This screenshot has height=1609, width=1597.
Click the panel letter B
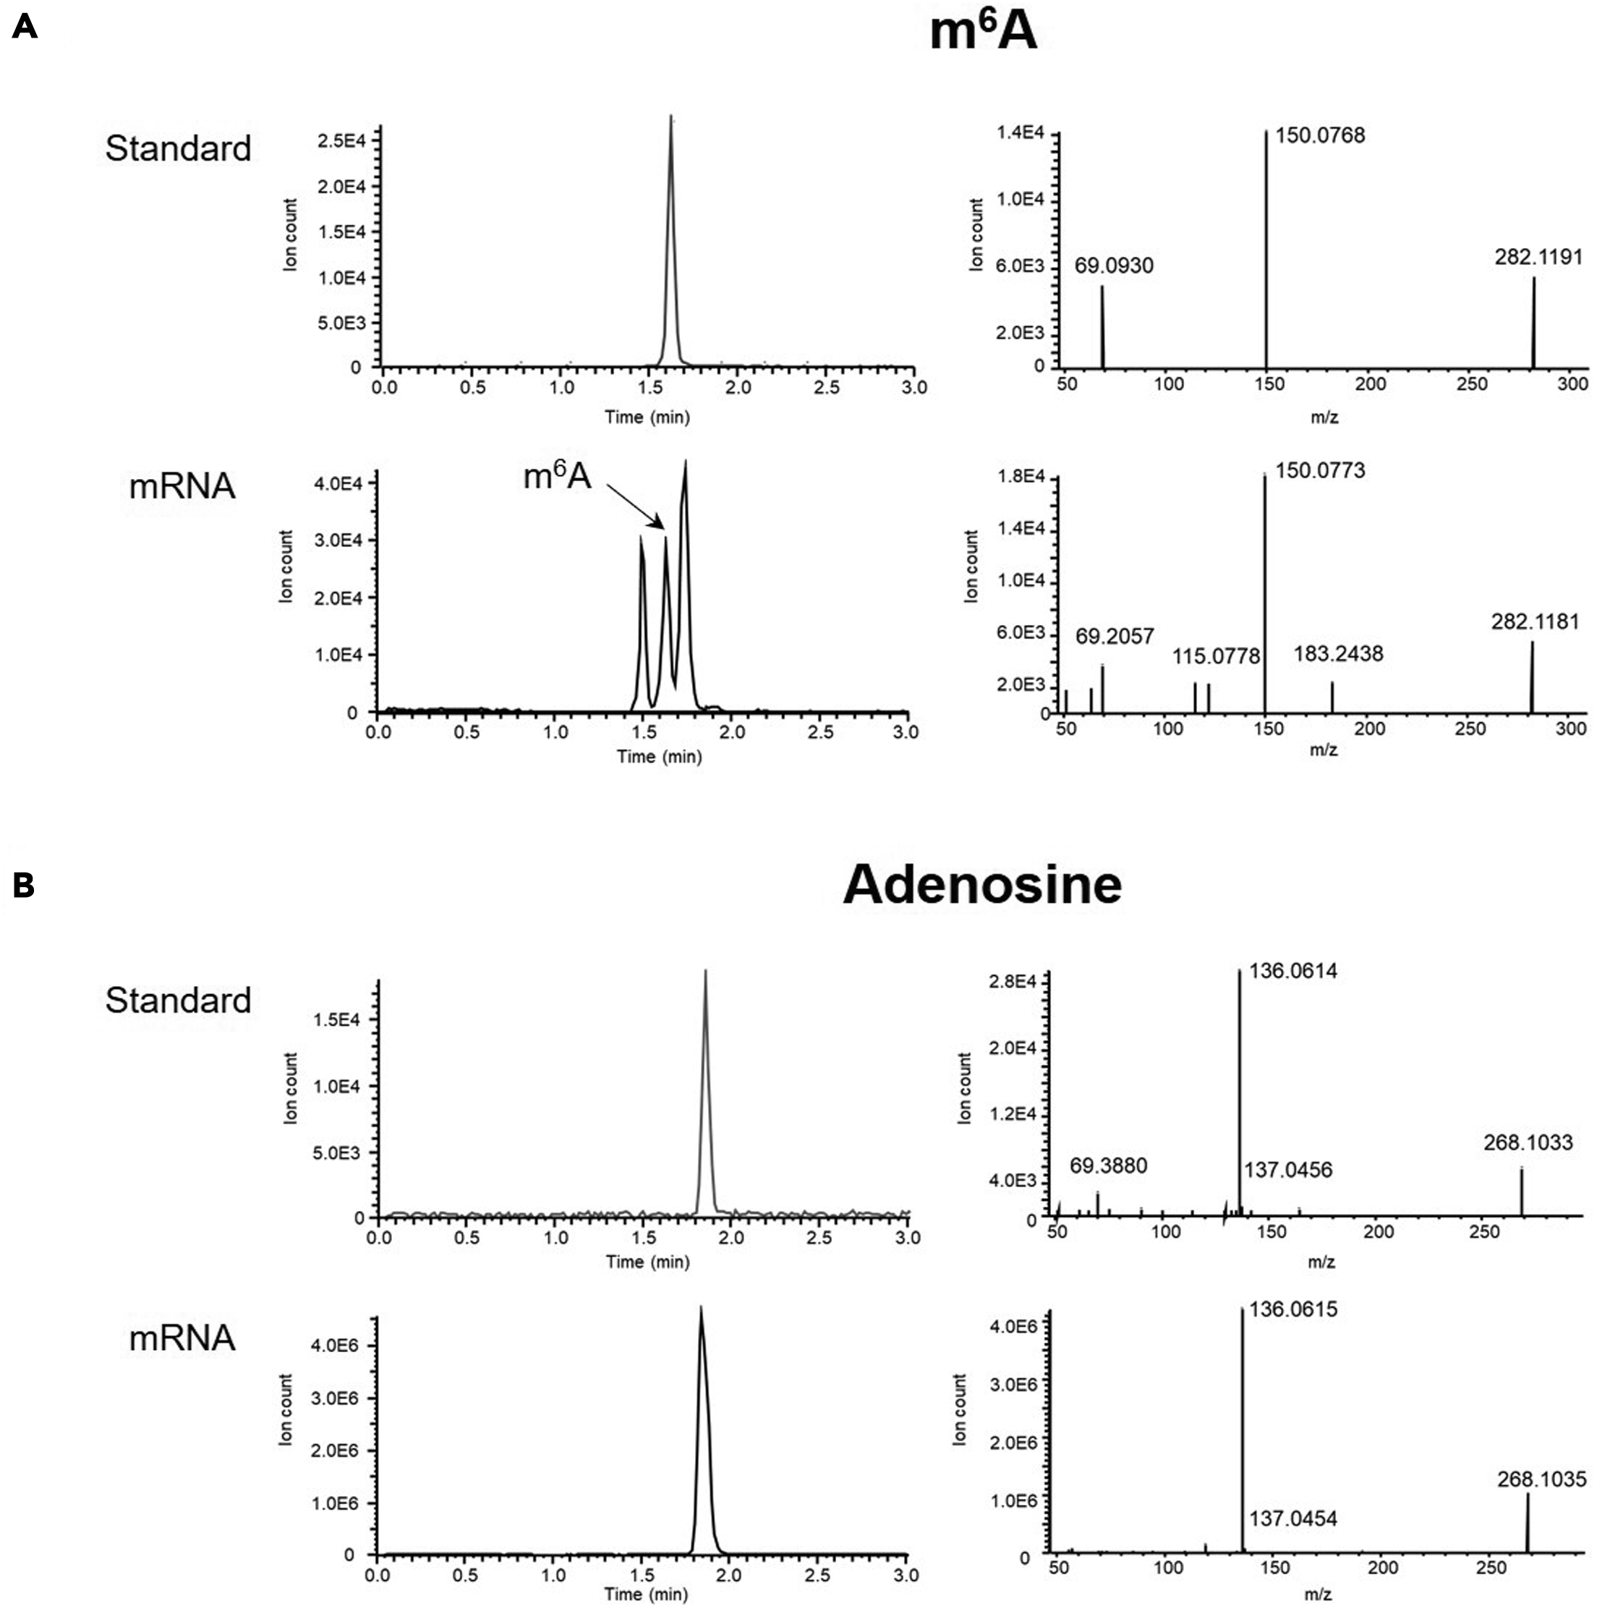point(23,886)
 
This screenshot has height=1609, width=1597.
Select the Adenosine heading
point(981,885)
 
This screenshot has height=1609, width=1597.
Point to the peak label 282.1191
point(1538,257)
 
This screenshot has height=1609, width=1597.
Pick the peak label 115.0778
point(1216,656)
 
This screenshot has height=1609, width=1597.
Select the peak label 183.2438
point(1338,654)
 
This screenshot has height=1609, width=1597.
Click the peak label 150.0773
point(1320,470)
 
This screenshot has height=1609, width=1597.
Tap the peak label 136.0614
point(1292,970)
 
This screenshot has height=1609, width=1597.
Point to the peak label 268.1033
point(1528,1142)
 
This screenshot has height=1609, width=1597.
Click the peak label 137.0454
point(1292,1519)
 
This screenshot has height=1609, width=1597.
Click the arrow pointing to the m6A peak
point(634,506)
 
